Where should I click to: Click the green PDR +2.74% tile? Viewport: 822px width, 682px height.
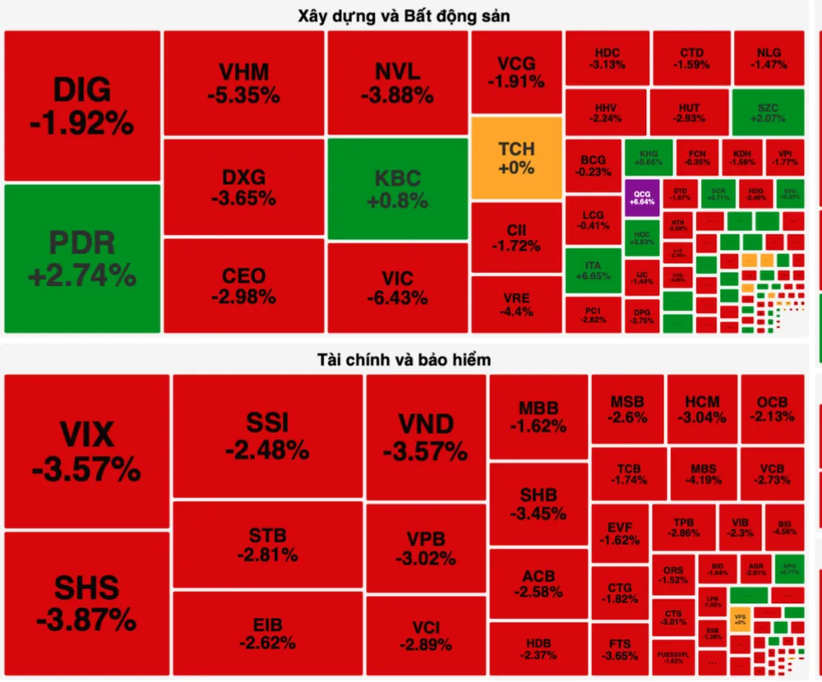(x=82, y=258)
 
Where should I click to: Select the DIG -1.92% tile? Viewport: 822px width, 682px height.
(x=82, y=106)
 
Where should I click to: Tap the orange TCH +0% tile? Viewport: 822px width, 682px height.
(x=516, y=158)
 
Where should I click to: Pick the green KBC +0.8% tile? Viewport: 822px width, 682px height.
(x=398, y=189)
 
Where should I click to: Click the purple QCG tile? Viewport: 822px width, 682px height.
(x=642, y=197)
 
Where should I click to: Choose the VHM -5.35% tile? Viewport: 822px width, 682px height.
(x=243, y=83)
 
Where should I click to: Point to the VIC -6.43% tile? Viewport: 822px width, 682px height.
(x=398, y=288)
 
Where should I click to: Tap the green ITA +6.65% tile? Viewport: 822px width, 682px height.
(x=592, y=271)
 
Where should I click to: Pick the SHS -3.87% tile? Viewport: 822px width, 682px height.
(x=86, y=604)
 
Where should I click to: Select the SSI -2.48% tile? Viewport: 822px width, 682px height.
(x=267, y=435)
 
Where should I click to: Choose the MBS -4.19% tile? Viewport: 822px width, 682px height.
(x=703, y=474)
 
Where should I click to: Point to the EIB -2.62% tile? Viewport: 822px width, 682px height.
(x=267, y=634)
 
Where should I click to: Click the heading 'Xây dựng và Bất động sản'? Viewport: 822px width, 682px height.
(x=404, y=16)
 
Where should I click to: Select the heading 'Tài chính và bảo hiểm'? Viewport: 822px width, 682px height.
(x=404, y=360)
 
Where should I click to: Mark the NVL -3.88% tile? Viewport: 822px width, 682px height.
(x=398, y=83)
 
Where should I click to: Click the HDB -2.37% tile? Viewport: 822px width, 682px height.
(x=538, y=648)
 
